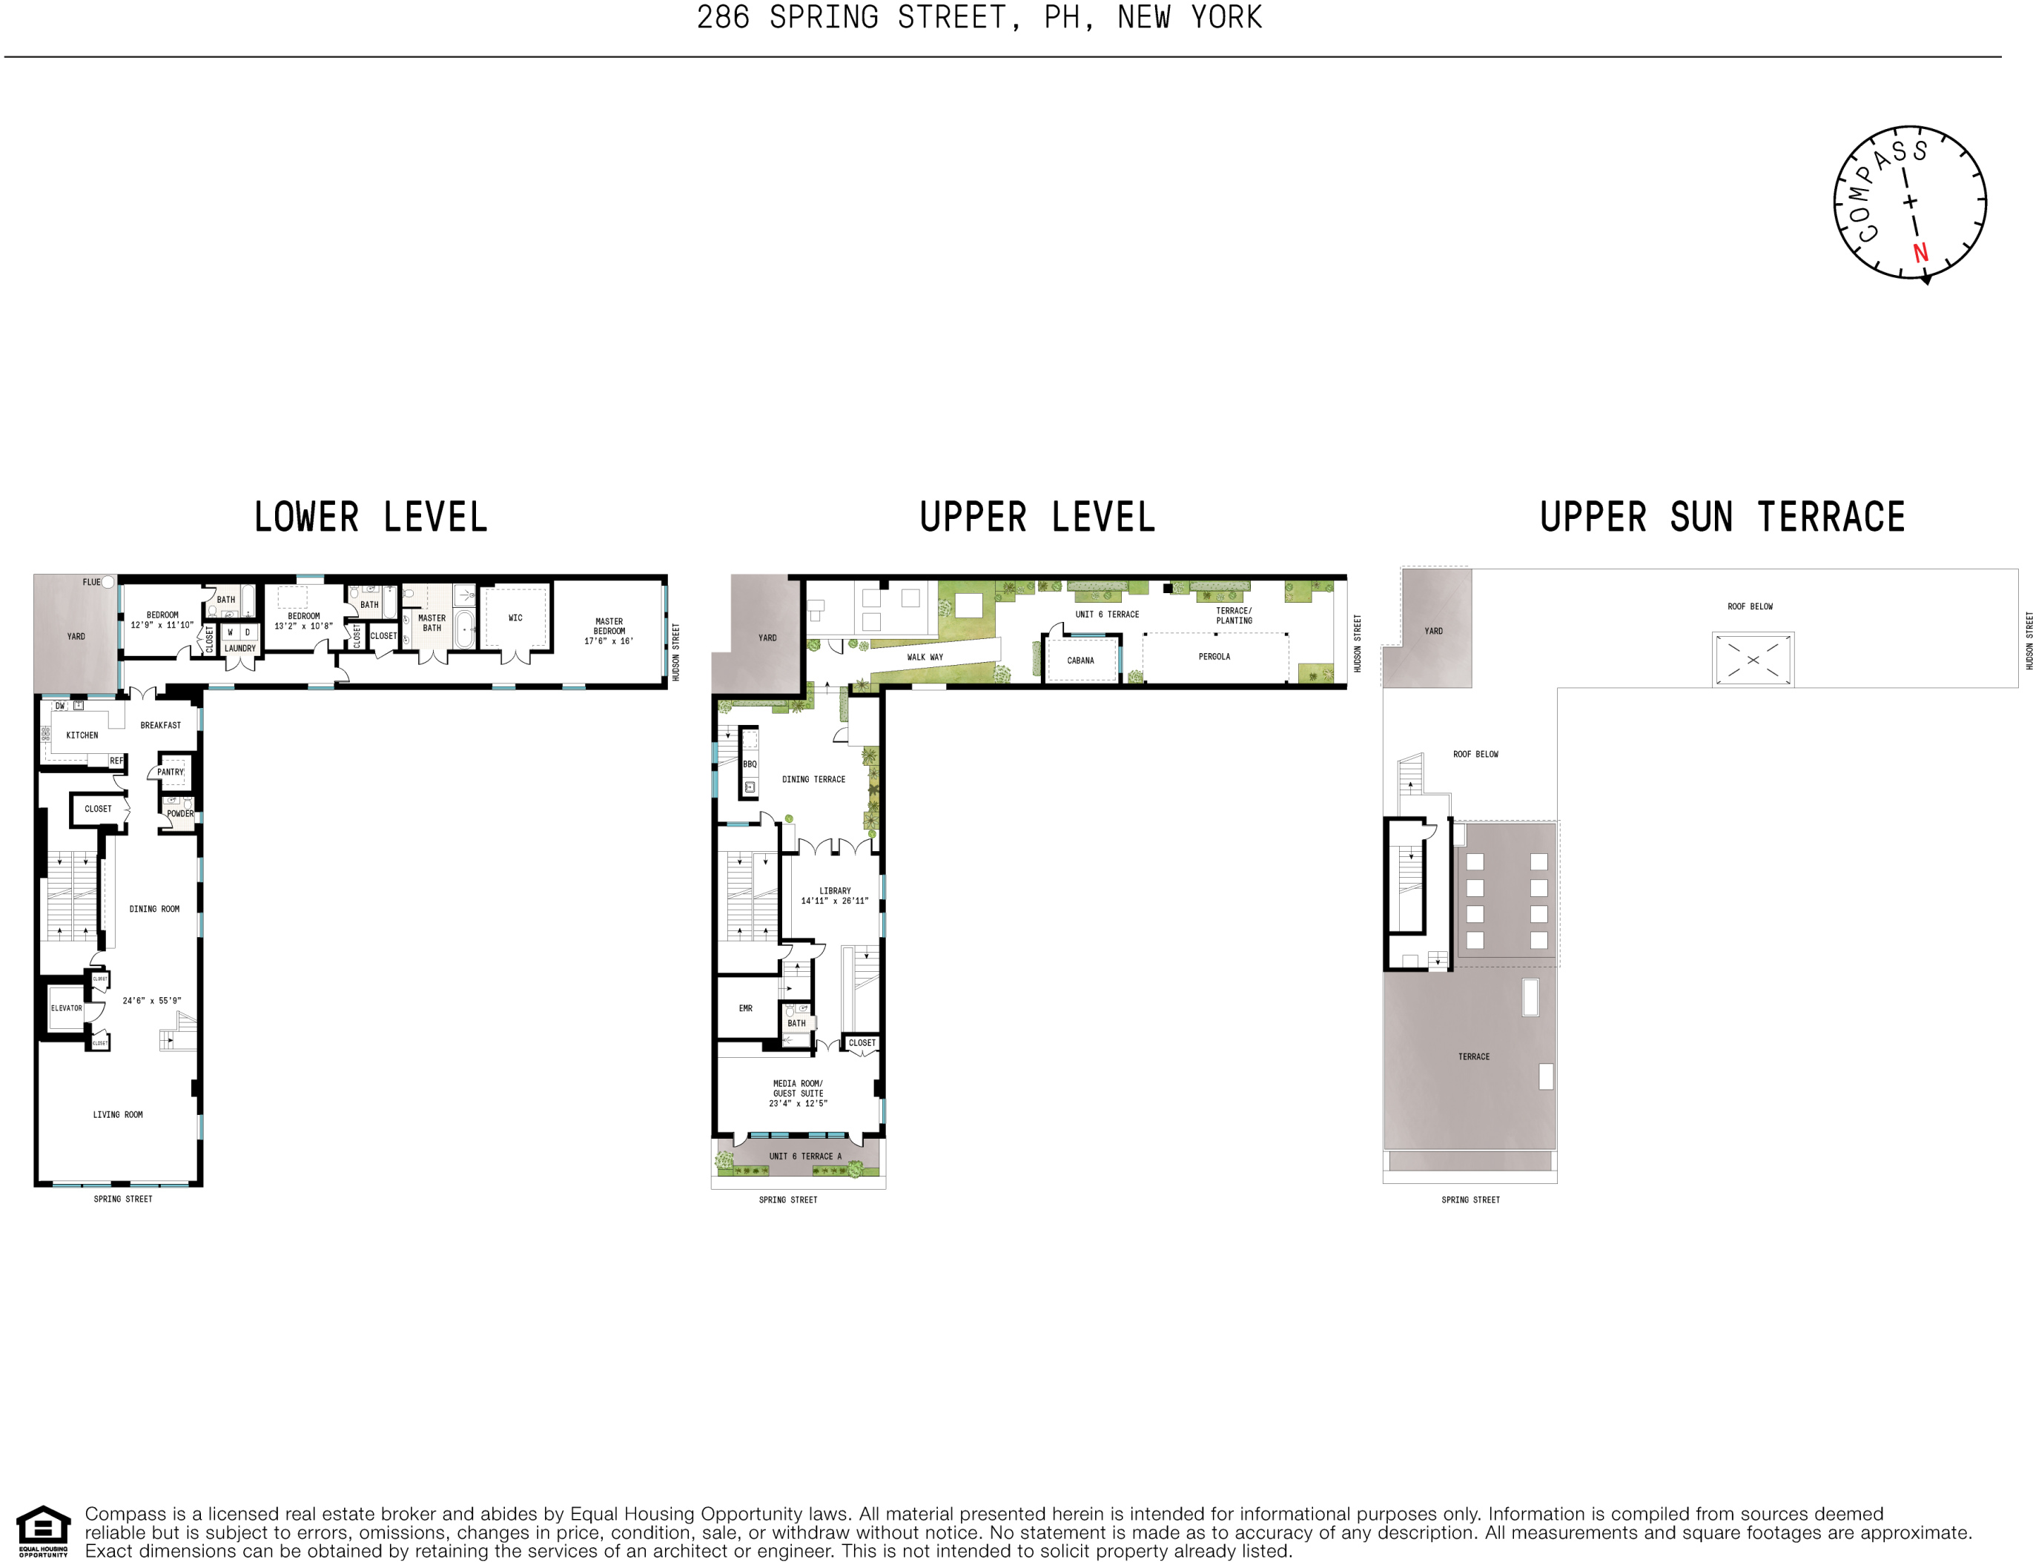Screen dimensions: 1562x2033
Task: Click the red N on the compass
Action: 1920,252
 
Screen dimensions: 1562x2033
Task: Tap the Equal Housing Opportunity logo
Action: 43,1529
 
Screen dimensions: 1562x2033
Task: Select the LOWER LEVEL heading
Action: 370,517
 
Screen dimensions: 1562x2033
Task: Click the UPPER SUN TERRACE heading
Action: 1722,517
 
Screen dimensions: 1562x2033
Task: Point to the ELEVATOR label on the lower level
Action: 66,1008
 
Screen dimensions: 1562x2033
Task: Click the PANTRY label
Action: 171,772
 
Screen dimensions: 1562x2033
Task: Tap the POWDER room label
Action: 180,813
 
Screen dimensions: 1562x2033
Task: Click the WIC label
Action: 515,618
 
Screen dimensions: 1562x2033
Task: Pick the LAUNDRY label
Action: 240,648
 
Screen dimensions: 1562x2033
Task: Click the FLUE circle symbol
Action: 108,582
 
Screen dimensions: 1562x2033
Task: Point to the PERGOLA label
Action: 1214,656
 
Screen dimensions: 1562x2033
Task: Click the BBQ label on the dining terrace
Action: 750,764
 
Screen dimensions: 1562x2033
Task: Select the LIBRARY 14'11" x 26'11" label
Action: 834,896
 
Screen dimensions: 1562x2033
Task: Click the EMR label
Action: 745,1008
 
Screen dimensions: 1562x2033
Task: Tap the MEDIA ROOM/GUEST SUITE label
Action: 797,1093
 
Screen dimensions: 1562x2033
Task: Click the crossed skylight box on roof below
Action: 1752,660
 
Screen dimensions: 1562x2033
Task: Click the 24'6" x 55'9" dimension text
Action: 151,1000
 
